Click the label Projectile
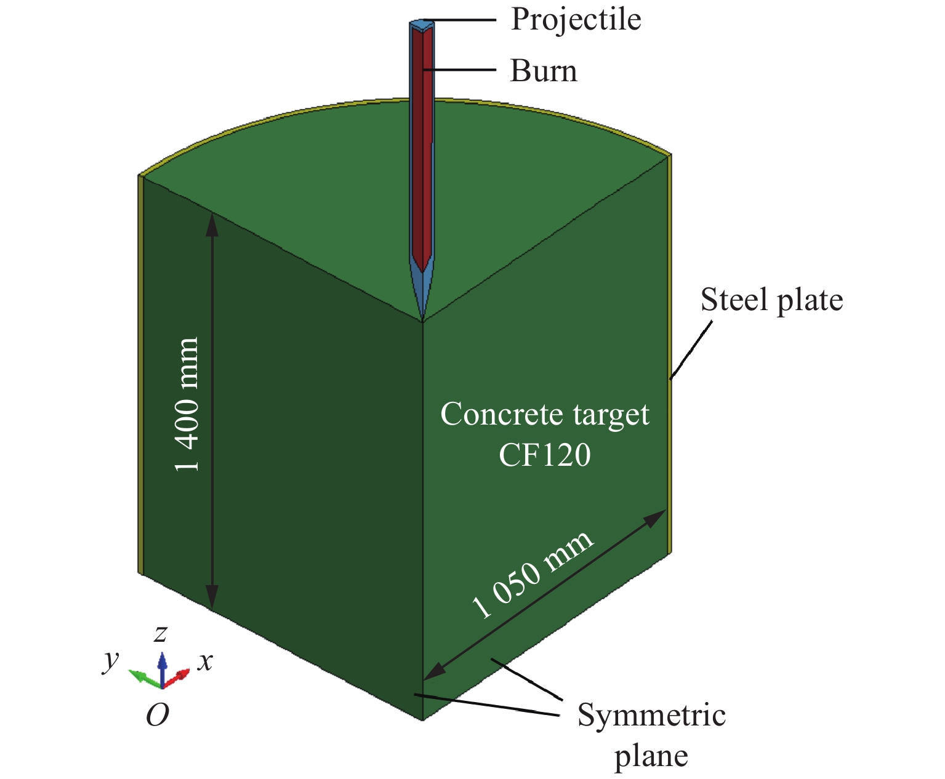point(576,20)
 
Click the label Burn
point(544,71)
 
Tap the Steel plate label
point(771,300)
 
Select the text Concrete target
point(544,414)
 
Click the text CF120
point(544,455)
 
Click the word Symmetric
point(651,716)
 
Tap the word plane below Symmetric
point(651,756)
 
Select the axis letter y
point(111,660)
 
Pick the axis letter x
point(205,661)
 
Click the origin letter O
point(158,715)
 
